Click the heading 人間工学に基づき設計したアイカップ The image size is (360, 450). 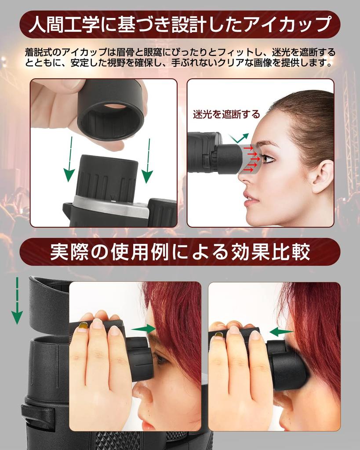pyautogui.click(x=179, y=25)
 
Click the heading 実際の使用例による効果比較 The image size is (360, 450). pyautogui.click(x=179, y=252)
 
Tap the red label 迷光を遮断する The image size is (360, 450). pyautogui.click(x=226, y=114)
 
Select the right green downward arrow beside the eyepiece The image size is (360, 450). pyautogui.click(x=147, y=160)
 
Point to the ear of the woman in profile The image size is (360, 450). pyautogui.click(x=322, y=176)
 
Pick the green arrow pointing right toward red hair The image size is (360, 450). pyautogui.click(x=143, y=329)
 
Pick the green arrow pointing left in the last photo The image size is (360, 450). pyautogui.click(x=280, y=332)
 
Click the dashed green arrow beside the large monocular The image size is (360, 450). pyautogui.click(x=17, y=301)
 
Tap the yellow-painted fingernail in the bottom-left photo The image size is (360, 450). pyautogui.click(x=83, y=326)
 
